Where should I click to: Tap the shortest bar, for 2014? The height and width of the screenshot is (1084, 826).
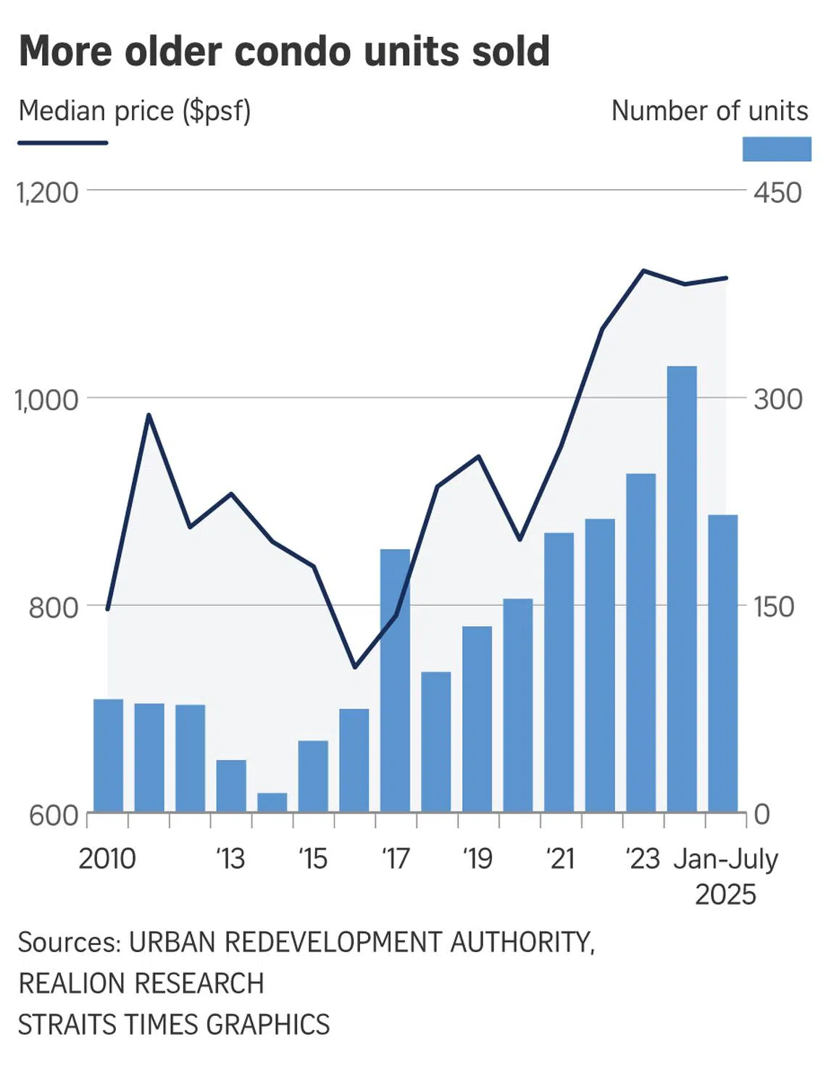coord(272,802)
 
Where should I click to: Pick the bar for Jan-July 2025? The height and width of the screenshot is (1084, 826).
coord(723,662)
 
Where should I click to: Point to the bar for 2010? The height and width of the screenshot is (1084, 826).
coord(108,755)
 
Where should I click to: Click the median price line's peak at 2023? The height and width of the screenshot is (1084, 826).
coord(643,271)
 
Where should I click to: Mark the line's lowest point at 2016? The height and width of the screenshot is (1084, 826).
coord(354,667)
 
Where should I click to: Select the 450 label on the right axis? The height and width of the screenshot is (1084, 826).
coord(777,193)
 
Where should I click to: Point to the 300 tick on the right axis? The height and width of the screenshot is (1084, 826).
coord(777,399)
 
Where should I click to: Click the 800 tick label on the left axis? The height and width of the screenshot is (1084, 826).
coord(53,607)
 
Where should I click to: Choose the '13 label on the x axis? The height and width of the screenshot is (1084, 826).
coord(230,859)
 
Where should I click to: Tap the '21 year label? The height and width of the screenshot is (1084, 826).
coord(560,859)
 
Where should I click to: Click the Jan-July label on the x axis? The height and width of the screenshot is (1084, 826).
coord(725,859)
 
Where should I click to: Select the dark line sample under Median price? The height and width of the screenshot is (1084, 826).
coord(63,143)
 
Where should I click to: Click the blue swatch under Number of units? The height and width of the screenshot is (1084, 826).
coord(776,149)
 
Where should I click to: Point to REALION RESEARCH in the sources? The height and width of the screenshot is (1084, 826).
coord(141,983)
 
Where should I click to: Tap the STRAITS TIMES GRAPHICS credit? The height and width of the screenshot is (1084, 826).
coord(174,1025)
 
